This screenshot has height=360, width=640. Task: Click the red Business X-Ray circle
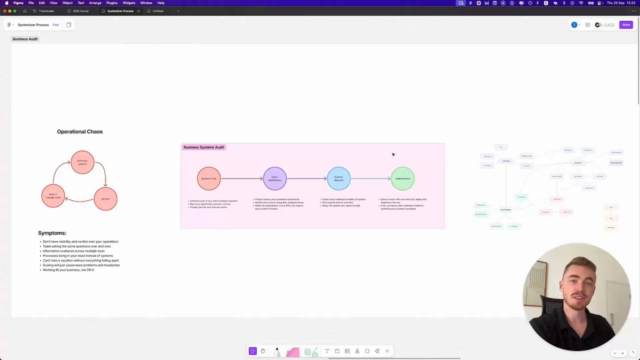(x=208, y=178)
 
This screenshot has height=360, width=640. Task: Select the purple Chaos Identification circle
(x=274, y=178)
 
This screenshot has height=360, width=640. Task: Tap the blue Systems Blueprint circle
(x=338, y=178)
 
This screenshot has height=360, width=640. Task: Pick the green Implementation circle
(x=402, y=178)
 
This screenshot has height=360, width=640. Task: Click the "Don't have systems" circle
(x=82, y=162)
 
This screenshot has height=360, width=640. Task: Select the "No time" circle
(x=105, y=198)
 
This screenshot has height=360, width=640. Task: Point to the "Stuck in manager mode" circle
(x=53, y=196)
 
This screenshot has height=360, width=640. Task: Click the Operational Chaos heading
(x=79, y=131)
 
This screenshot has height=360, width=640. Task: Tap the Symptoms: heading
(x=52, y=233)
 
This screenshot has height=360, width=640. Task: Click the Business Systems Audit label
(x=203, y=147)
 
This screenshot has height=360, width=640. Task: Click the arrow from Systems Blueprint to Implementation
(x=370, y=178)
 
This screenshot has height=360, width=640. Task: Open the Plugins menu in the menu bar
(x=111, y=3)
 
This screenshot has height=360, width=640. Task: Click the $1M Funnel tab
(x=80, y=11)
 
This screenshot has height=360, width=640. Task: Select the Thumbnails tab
(x=46, y=11)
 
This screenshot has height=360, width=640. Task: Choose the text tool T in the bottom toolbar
(x=327, y=351)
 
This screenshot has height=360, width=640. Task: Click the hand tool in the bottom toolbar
(x=262, y=351)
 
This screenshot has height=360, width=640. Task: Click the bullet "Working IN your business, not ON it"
(x=68, y=270)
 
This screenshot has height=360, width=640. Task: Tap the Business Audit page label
(x=25, y=39)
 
